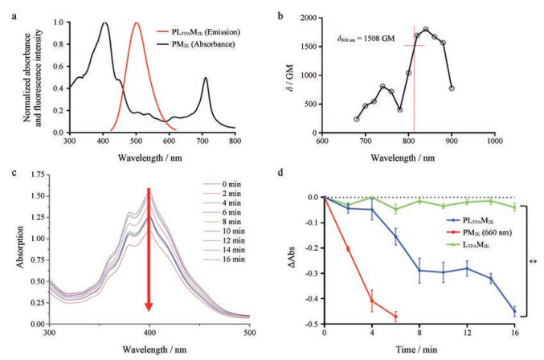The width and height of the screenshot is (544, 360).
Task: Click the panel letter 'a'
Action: pos(6,6)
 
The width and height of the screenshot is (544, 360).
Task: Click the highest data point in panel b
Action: pos(426,29)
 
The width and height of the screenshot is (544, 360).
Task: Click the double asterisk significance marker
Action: pos(533,262)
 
